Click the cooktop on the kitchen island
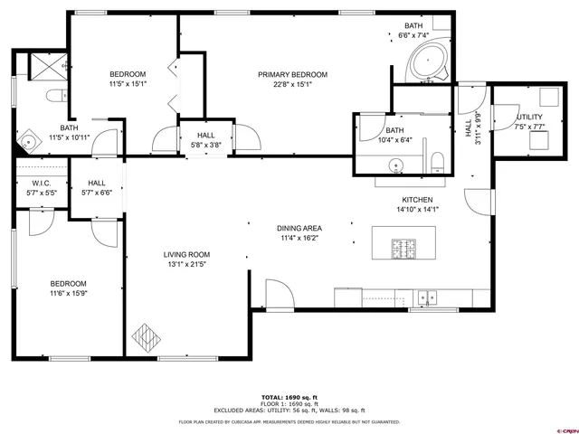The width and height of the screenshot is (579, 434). point(403,246)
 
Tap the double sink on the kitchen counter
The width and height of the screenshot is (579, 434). point(427,296)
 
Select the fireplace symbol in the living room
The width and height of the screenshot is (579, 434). point(144,337)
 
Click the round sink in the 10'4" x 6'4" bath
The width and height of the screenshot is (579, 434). point(395,165)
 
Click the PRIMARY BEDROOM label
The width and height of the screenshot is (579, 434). point(292,74)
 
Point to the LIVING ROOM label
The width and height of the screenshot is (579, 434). point(186,255)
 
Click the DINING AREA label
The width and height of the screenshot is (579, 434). point(300,228)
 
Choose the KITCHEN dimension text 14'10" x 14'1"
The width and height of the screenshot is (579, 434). point(418,210)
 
